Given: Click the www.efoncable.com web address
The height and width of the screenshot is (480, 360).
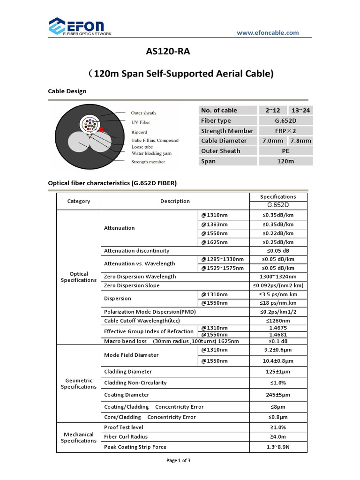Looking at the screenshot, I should point(267,32).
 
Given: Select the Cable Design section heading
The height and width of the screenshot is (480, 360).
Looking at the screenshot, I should point(67,91).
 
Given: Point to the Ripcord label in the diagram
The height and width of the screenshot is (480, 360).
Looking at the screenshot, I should point(139,132).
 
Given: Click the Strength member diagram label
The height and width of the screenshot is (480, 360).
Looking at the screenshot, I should point(148,162).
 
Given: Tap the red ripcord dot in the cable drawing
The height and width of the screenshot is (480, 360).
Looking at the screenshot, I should point(101,129).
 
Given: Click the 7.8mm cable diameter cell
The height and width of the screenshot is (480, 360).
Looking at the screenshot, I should point(300,141).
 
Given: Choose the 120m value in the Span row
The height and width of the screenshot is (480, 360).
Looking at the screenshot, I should point(285,161).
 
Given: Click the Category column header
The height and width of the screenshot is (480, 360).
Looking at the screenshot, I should point(79,201).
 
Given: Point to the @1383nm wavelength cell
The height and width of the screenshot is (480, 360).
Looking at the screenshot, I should point(215,224).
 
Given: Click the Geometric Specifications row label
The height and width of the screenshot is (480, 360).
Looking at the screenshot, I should point(79,383).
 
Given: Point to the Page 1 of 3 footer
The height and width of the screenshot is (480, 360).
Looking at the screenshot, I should point(179,460).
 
